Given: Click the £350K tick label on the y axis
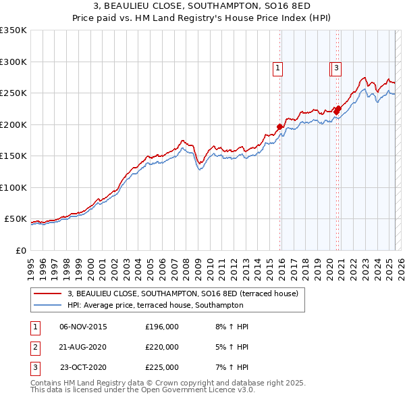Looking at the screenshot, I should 13,30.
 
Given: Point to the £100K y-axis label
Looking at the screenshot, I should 13,187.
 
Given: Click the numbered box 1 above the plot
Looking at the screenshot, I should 278,68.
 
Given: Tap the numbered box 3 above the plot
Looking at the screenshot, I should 335,68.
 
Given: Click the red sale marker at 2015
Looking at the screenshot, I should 279,126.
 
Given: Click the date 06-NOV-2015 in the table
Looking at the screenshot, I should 83,327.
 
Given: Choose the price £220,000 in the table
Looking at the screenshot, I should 162,347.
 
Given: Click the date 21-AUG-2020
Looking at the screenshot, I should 83,347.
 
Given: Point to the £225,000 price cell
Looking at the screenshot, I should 162,367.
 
